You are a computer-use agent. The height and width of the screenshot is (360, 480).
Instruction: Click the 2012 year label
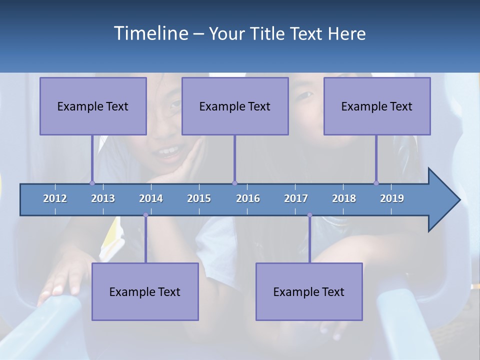click(x=55, y=198)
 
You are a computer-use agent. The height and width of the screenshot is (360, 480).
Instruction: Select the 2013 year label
click(x=103, y=198)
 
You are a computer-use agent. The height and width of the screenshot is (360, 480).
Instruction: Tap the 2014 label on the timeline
click(x=151, y=198)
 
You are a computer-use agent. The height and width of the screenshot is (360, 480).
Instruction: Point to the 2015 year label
click(x=199, y=198)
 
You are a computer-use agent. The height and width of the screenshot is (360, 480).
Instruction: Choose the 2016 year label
click(x=248, y=198)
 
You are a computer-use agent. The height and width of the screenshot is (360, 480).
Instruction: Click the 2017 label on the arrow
click(x=296, y=198)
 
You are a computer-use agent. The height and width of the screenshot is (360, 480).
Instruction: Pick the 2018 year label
click(x=344, y=198)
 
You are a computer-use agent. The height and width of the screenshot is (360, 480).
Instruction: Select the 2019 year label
click(x=392, y=198)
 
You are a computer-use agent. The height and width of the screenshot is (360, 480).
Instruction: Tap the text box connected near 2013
click(x=93, y=106)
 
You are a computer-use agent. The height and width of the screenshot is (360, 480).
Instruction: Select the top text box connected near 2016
click(x=235, y=106)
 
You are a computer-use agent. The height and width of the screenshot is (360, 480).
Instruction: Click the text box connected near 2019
click(x=377, y=106)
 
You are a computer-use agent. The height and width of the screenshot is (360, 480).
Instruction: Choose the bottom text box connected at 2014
click(x=145, y=291)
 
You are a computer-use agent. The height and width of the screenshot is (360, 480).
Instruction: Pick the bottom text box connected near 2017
click(x=309, y=291)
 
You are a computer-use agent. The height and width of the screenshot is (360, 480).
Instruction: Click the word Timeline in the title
click(x=150, y=33)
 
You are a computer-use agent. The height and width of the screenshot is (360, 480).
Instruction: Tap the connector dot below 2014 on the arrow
click(x=145, y=215)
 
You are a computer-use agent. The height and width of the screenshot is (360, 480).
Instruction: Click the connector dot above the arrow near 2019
click(x=376, y=183)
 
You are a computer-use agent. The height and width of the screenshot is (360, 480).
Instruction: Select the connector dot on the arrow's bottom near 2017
click(x=309, y=215)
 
